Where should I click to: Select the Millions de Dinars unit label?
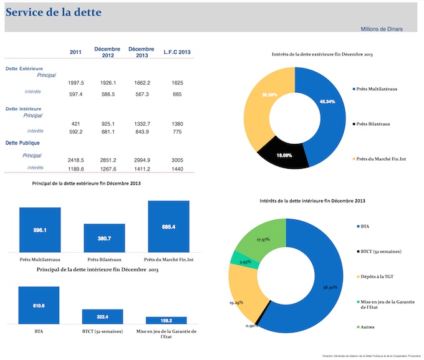click(381, 29)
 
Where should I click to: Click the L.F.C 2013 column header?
click(176, 52)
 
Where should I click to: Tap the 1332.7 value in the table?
click(142, 124)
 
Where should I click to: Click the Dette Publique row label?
click(22, 143)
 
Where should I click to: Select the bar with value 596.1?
click(40, 229)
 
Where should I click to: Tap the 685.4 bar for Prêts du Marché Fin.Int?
click(168, 226)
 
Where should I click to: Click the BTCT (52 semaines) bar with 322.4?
click(102, 316)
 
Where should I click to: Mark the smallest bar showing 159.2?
click(166, 320)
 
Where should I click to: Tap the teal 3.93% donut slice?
click(238, 258)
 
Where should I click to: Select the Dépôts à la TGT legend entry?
click(376, 276)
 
